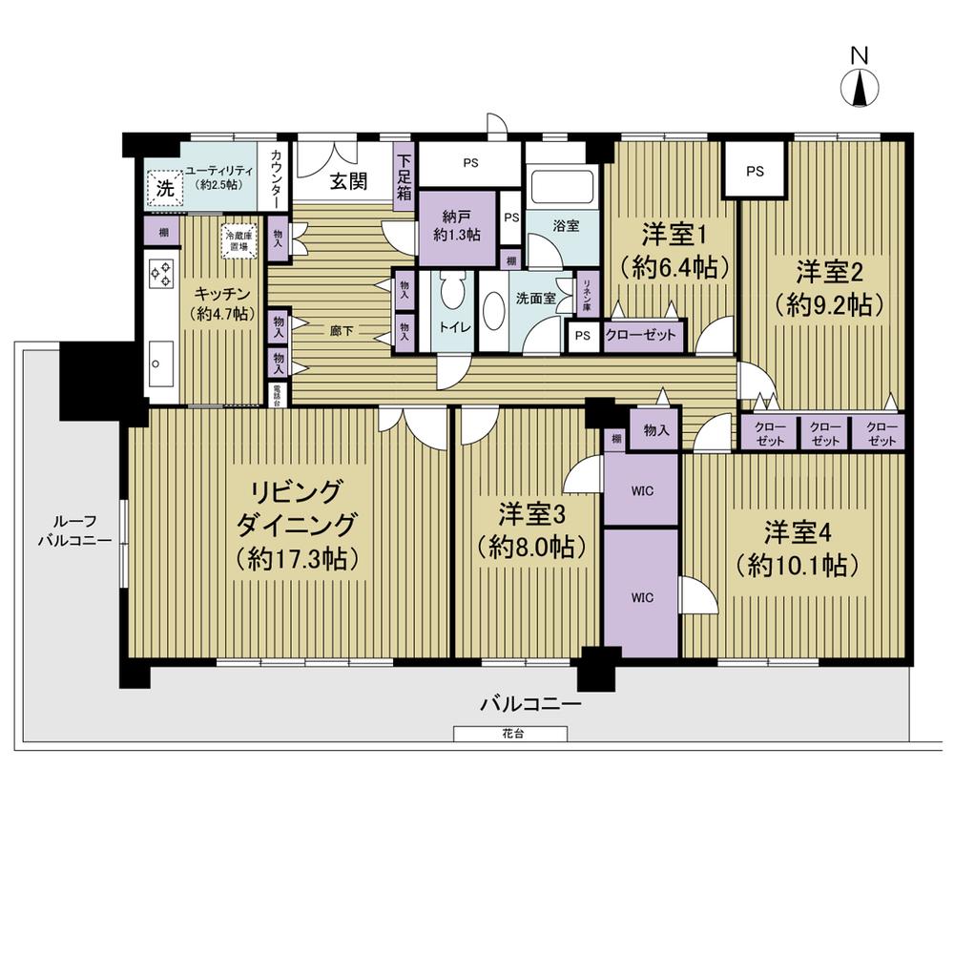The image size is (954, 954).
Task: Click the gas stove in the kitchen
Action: [x=160, y=275]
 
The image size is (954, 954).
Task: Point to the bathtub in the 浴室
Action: [x=562, y=187]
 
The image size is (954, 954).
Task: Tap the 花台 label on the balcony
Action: [x=510, y=734]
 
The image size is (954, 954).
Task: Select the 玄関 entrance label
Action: [x=349, y=183]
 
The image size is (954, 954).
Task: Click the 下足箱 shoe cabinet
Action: [x=404, y=177]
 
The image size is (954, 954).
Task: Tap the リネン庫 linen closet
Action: [x=587, y=297]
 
